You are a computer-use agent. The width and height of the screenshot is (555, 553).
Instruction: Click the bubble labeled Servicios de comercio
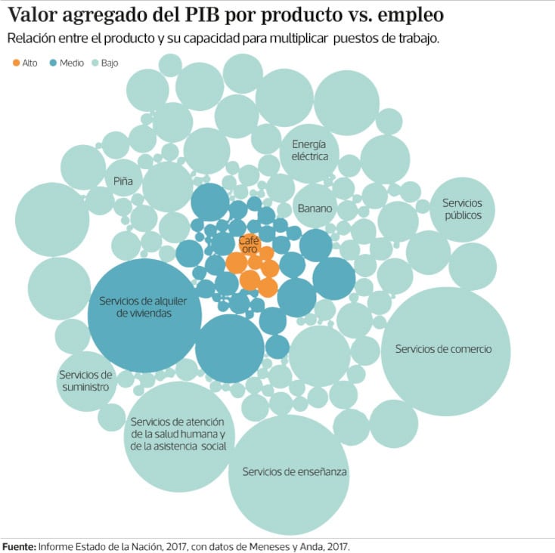click(x=445, y=350)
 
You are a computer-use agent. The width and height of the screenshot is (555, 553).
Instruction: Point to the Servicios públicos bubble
click(x=463, y=209)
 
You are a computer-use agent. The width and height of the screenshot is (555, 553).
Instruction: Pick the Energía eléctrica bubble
click(x=309, y=151)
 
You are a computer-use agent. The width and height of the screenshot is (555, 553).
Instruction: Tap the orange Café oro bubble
click(x=249, y=244)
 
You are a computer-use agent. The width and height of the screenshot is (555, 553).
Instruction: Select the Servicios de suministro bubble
click(x=85, y=381)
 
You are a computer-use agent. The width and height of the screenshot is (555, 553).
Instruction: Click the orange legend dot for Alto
click(x=17, y=63)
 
